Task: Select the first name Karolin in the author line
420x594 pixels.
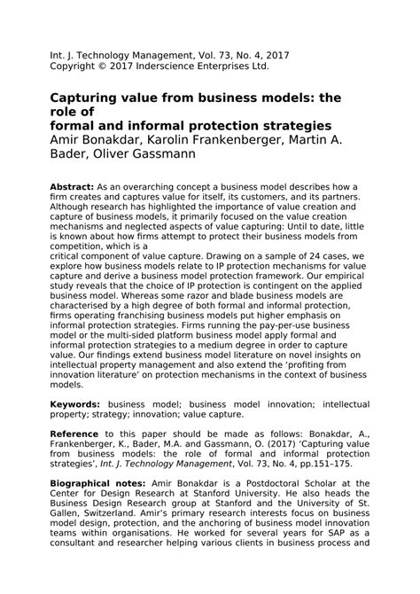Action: (169, 140)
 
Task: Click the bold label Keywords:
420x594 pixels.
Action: (76, 402)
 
